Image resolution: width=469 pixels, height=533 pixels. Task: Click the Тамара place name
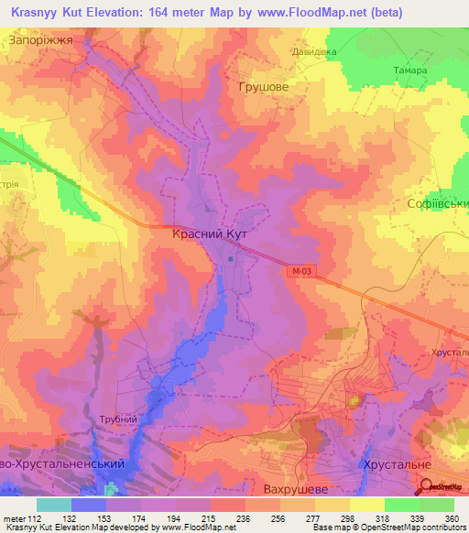tap(409, 71)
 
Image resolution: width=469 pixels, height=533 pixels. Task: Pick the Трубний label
tap(119, 419)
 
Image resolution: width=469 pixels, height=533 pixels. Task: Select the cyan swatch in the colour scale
tap(54, 505)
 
